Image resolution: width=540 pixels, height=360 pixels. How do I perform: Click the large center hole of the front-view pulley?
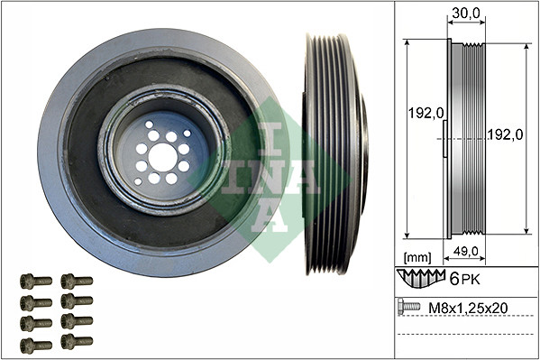162,156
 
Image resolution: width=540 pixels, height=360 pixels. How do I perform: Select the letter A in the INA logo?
269,214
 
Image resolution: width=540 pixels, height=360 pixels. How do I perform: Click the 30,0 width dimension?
464,14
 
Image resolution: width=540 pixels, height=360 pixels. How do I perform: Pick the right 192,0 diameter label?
507,134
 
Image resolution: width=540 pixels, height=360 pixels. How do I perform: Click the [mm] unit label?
418,257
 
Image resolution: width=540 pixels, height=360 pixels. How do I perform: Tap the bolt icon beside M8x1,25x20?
409,308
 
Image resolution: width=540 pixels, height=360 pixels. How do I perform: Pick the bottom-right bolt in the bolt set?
77,341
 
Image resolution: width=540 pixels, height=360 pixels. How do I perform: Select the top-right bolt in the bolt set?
77,281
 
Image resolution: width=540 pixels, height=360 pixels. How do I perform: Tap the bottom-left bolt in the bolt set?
35,344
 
